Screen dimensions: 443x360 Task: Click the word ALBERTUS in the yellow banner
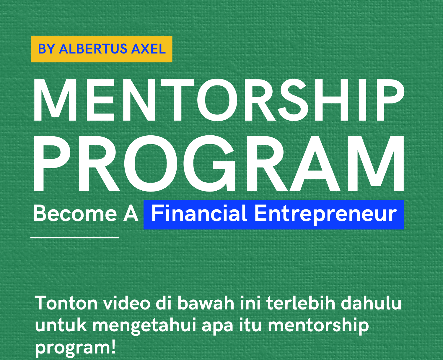click(93, 49)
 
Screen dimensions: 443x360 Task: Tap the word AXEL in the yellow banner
click(149, 49)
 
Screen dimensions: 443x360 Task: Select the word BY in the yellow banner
click(46, 49)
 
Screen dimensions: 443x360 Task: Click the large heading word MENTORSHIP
click(219, 100)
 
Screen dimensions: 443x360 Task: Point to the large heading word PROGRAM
click(219, 163)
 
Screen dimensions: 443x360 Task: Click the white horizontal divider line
click(75, 237)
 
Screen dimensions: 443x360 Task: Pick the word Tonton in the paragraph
click(66, 303)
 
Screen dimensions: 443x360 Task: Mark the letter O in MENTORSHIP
click(217, 100)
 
